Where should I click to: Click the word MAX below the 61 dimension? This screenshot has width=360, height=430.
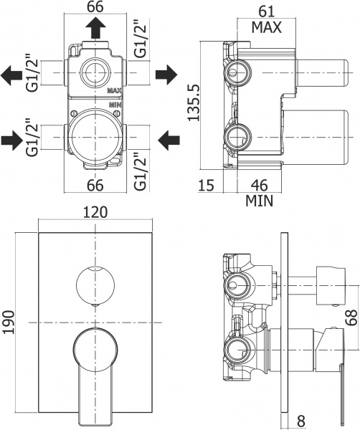[265, 28]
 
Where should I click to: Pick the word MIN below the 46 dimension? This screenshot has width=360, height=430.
[258, 201]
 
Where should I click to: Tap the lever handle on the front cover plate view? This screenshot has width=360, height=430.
[93, 369]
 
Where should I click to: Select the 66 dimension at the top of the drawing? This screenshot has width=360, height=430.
[95, 8]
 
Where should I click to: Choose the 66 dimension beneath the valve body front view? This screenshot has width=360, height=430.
[95, 184]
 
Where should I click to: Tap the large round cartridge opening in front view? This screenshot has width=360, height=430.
[95, 134]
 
